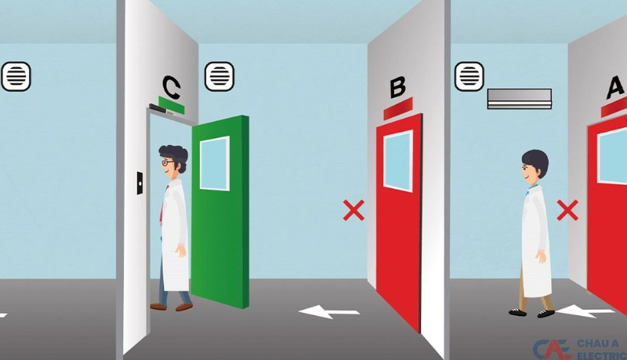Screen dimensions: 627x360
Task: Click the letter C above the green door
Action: pos(172,87)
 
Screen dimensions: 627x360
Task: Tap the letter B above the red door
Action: pos(397,88)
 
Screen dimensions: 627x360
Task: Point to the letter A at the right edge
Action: pos(615,88)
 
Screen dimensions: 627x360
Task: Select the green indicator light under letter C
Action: pos(172,105)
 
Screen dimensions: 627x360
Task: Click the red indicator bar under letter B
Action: pos(398,108)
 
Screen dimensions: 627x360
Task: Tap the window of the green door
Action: pos(215,163)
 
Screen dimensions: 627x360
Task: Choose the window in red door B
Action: pos(398,161)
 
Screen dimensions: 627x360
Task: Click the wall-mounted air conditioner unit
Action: pos(520,99)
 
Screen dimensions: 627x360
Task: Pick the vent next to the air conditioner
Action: pos(469,76)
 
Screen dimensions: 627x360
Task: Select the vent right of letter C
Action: pos(219,76)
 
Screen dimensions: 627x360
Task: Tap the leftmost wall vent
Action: pos(16,76)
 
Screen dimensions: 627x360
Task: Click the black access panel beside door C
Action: pos(140,184)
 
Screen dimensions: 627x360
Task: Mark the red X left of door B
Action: pos(354,210)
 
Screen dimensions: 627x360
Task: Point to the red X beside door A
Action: pos(567,210)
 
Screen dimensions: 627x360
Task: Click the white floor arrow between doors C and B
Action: pos(328,312)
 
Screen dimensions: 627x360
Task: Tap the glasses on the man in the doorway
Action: pos(168,163)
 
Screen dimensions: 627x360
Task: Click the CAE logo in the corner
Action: pos(551,350)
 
